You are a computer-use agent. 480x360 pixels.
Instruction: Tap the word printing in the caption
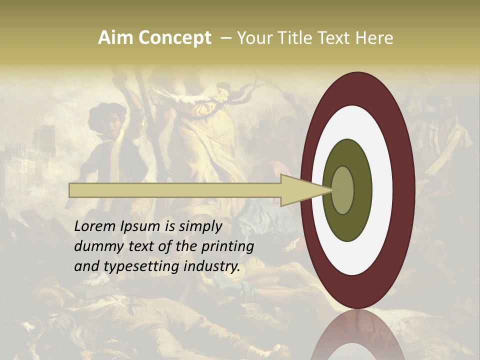tap(227, 247)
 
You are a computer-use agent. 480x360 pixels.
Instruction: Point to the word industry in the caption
tap(212, 266)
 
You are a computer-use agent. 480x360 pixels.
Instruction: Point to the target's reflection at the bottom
tap(358, 340)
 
